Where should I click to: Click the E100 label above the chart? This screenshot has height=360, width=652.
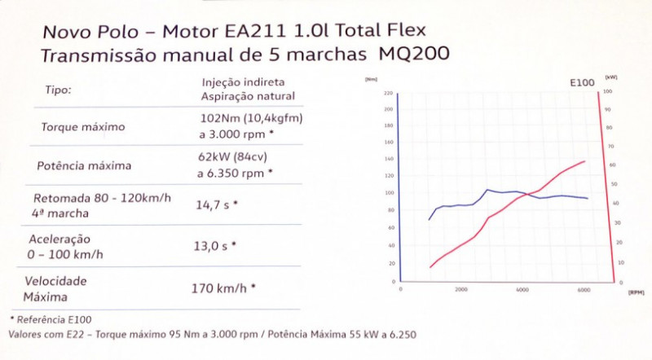coord(581,84)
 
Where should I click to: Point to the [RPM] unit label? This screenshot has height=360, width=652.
coord(637,290)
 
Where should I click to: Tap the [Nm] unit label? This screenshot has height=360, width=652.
coord(372,79)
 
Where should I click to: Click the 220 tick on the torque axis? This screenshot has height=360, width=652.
coord(389,93)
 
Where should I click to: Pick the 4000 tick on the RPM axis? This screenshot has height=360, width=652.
coord(522,290)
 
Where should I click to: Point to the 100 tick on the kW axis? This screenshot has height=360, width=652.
coord(608,93)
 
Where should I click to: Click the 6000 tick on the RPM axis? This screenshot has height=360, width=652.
coord(584,290)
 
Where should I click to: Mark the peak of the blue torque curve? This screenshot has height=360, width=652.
coord(487,190)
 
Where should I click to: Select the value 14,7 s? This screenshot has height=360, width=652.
coord(214,205)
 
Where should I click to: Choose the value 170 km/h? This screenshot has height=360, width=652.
coord(223,288)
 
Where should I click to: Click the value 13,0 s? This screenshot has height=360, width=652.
coord(214,245)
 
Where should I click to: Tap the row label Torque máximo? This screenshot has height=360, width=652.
coord(83,127)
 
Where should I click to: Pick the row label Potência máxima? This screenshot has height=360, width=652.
coord(84,166)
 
